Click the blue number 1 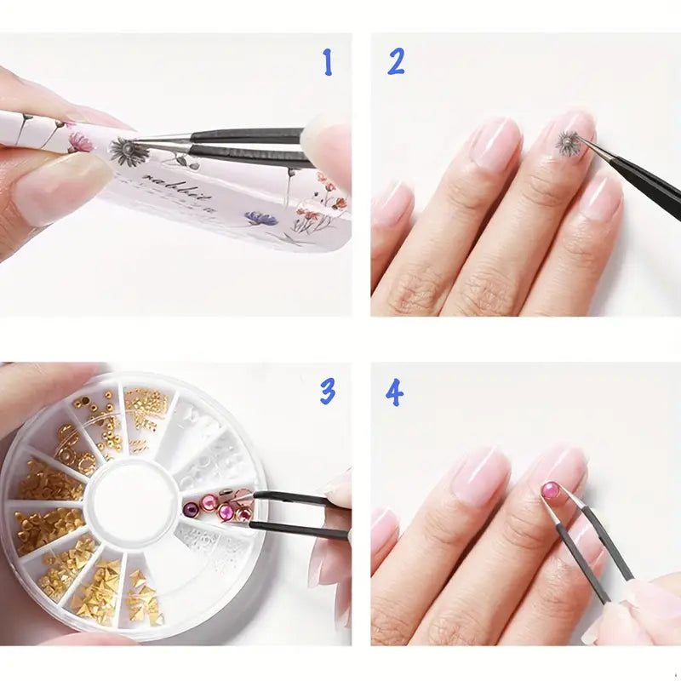(x=327, y=62)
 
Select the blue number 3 (x=328, y=391)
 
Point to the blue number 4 (x=394, y=392)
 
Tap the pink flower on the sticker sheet (x=80, y=140)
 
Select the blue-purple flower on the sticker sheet (x=260, y=219)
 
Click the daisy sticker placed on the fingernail (x=569, y=143)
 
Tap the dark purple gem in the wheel (x=192, y=509)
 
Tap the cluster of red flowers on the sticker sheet (x=328, y=192)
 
